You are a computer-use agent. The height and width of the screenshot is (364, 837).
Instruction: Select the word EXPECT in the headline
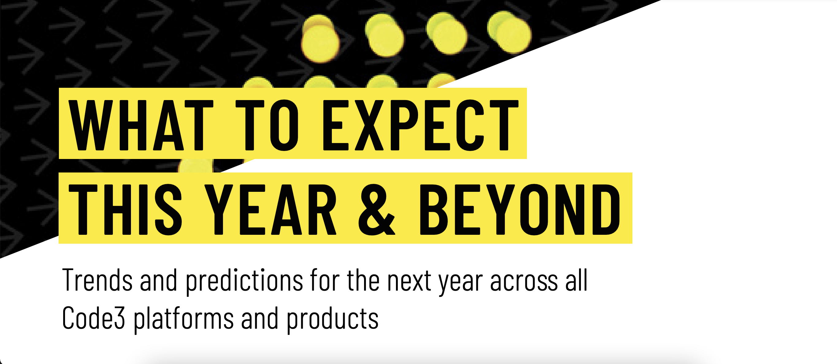420,125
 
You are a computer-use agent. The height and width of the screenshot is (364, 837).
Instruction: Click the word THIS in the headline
125,209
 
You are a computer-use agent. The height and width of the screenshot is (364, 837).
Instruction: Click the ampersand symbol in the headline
377,209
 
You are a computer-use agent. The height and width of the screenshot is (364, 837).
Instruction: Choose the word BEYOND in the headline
520,209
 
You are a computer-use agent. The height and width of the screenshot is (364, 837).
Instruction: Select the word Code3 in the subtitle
94,318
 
